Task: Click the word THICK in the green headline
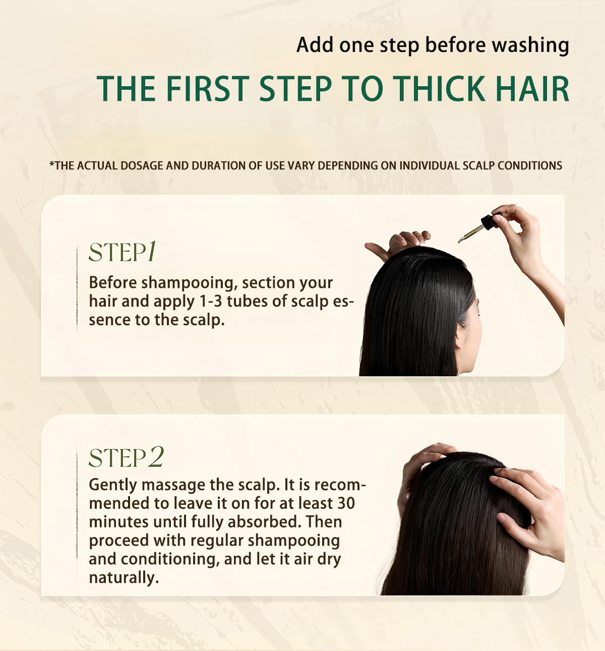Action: (x=439, y=89)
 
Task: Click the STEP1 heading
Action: (x=123, y=252)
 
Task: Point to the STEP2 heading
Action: (x=126, y=457)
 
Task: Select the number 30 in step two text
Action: (x=345, y=503)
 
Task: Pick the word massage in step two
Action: (x=173, y=485)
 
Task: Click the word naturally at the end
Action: (x=124, y=578)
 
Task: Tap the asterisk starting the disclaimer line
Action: (x=51, y=164)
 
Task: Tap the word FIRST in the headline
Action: (x=207, y=89)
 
